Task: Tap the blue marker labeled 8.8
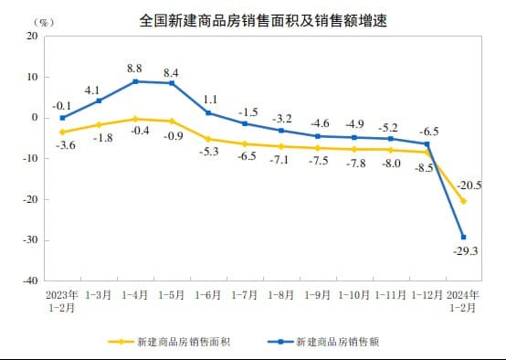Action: point(136,81)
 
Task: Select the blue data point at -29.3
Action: point(463,237)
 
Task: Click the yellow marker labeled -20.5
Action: point(463,201)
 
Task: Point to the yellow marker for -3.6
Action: point(62,132)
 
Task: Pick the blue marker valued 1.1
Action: point(208,113)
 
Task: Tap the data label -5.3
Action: point(208,152)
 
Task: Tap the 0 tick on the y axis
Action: point(35,118)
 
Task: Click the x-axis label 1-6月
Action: point(208,295)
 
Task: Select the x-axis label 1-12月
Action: point(427,295)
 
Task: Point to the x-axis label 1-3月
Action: point(99,295)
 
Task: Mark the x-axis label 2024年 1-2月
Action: point(463,301)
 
